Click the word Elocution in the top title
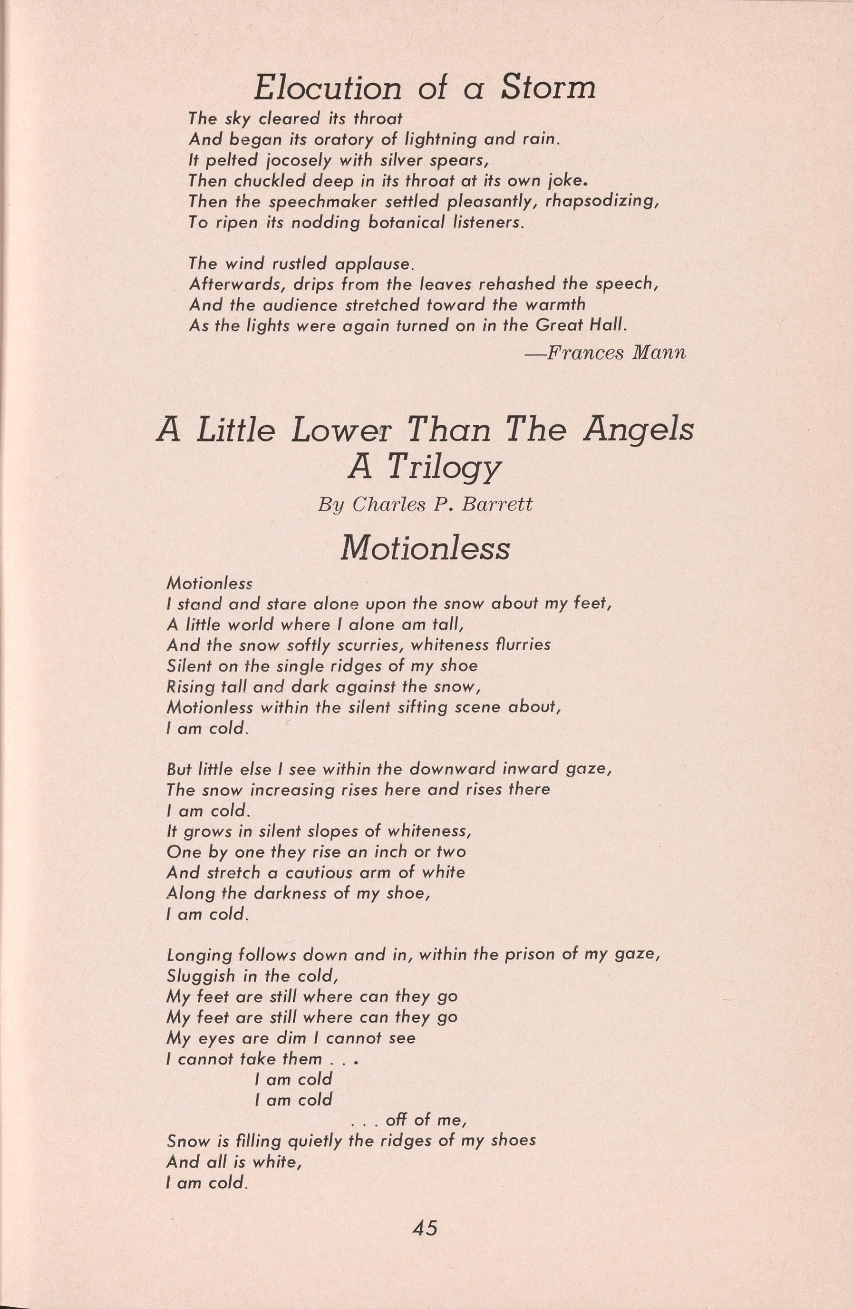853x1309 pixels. click(x=329, y=88)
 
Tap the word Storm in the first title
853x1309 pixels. click(x=548, y=88)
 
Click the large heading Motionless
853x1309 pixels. click(x=425, y=548)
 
